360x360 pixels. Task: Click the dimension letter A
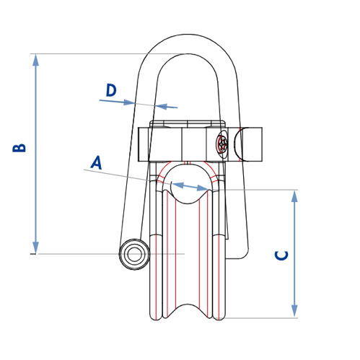click(x=96, y=162)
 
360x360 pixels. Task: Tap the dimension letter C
click(x=282, y=255)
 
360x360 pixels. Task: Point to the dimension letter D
click(x=111, y=90)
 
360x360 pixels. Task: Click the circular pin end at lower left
click(x=133, y=254)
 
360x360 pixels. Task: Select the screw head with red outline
click(x=224, y=144)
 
